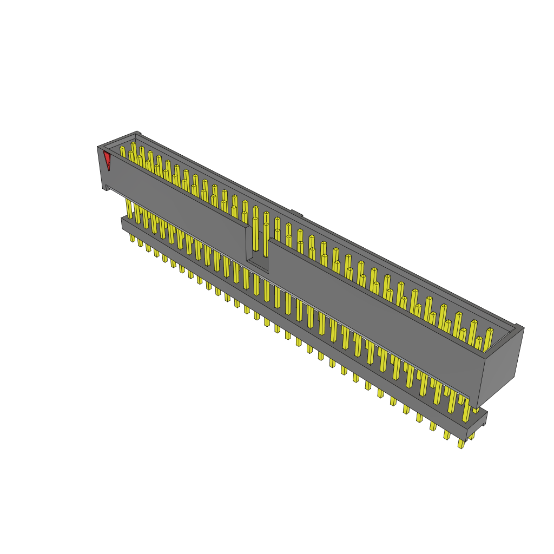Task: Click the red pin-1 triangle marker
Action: coord(107,159)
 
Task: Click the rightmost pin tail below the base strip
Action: coord(461,444)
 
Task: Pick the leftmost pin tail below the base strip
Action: coord(132,238)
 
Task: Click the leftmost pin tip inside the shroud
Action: coord(122,151)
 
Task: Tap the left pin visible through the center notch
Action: coord(255,233)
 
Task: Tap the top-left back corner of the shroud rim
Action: coord(137,134)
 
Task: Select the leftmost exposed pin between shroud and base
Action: coord(129,208)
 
